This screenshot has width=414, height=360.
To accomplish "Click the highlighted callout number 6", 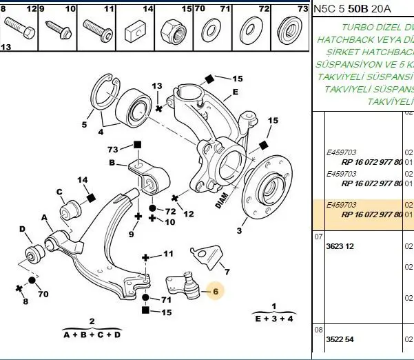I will point(215,292).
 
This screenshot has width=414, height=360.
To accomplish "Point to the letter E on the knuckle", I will point(235,92).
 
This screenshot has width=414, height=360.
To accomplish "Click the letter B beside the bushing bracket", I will point(112,163).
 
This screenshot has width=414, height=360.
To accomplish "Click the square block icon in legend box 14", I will point(135,32).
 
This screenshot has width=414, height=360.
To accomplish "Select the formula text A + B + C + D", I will point(92,334).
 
